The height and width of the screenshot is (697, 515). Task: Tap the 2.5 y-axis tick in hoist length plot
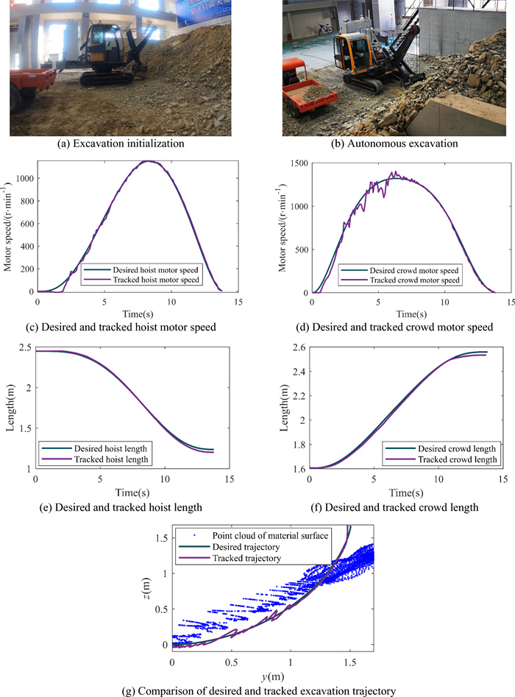click(x=24, y=351)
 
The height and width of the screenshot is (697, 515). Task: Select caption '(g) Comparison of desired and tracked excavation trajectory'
click(x=257, y=690)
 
